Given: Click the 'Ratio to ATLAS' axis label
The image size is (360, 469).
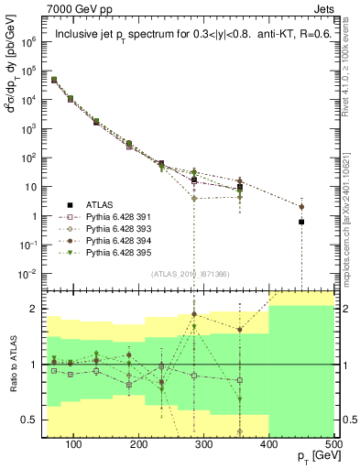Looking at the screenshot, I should pos(13,364).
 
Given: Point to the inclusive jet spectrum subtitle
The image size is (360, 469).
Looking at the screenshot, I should pos(189,36).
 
